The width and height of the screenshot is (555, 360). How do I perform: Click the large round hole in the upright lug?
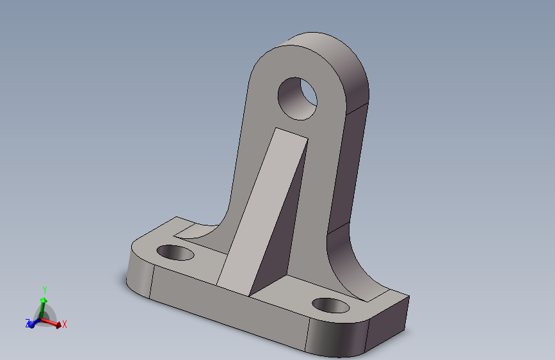297,99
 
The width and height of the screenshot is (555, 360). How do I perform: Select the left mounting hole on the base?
175,252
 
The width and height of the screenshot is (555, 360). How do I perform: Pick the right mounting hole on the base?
330,306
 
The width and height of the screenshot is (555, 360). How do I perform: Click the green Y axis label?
45,290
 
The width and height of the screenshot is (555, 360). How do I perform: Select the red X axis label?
65,324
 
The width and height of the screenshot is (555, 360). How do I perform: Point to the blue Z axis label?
28,323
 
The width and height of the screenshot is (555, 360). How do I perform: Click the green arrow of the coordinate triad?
43,307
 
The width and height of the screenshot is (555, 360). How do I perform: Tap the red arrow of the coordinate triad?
51,322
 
